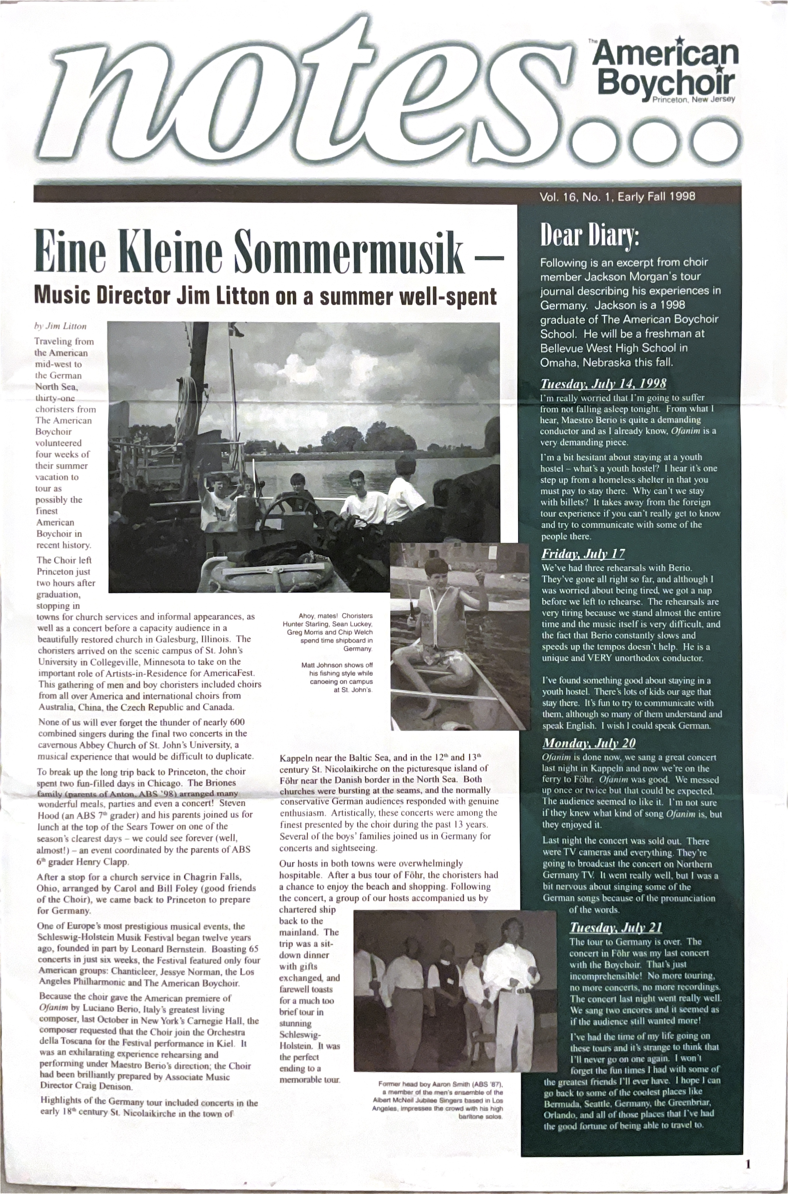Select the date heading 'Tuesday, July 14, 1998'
pyautogui.click(x=603, y=384)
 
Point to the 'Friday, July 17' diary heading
pyautogui.click(x=583, y=554)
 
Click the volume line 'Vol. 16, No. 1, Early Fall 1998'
pyautogui.click(x=617, y=196)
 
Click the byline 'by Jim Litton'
pyautogui.click(x=60, y=326)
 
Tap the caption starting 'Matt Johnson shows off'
pyautogui.click(x=337, y=677)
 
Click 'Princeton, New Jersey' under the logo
pyautogui.click(x=694, y=99)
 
